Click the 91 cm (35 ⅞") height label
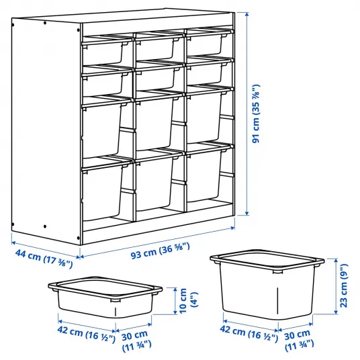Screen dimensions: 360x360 [x=256, y=114]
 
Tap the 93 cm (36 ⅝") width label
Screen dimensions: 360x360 [x=161, y=251]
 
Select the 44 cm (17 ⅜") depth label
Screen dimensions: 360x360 [x=44, y=259]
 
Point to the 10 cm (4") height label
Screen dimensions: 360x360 [x=189, y=301]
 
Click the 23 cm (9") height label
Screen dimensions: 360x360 [x=344, y=286]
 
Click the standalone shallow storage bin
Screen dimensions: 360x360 [x=105, y=297]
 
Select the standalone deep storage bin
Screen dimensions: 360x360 [x=267, y=285]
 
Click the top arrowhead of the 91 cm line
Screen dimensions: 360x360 [x=246, y=14]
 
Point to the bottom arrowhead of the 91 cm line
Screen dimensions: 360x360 [x=246, y=214]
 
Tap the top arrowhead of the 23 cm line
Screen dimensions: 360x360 [x=336, y=261]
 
